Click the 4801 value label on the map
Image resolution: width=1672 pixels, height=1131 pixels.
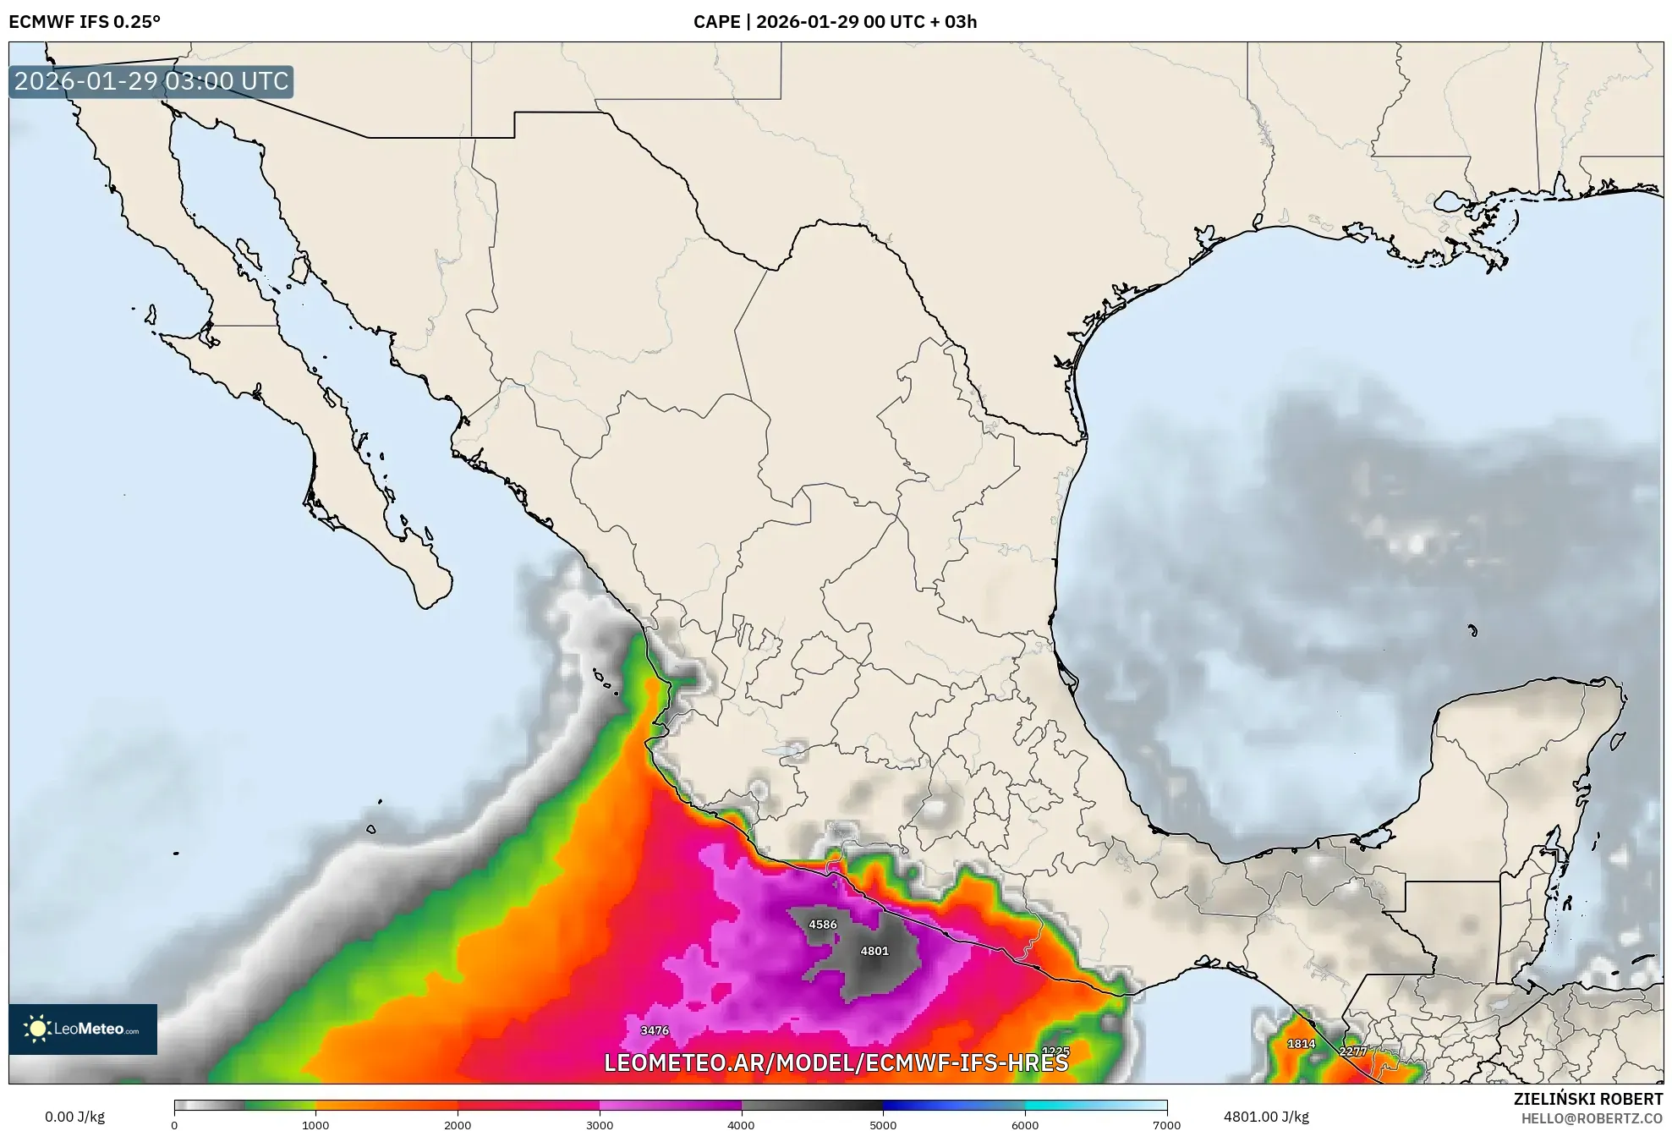click(x=874, y=951)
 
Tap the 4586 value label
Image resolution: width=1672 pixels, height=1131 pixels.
click(x=822, y=925)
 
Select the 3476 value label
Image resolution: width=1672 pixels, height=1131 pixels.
click(x=655, y=1030)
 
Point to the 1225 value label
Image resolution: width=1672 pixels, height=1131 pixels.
click(x=1055, y=1051)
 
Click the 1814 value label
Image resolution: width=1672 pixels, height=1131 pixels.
click(x=1301, y=1044)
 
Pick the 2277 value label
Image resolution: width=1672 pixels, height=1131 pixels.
click(x=1352, y=1051)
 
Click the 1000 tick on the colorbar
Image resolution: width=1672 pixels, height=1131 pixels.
click(x=315, y=1124)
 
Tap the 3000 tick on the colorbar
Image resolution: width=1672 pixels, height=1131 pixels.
click(x=600, y=1124)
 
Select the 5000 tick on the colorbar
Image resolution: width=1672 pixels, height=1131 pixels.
click(x=883, y=1124)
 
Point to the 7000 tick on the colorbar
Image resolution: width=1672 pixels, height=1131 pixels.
click(x=1166, y=1124)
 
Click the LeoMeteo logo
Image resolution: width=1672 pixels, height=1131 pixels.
click(x=83, y=1029)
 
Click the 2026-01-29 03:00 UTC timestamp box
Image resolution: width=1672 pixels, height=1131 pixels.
click(x=151, y=82)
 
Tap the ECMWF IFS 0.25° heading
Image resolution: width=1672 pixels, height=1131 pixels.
click(x=85, y=22)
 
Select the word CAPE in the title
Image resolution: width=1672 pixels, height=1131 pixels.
click(x=716, y=22)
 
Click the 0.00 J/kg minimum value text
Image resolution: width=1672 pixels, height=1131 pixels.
click(x=74, y=1117)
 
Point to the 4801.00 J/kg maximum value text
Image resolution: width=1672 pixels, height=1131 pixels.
click(x=1266, y=1117)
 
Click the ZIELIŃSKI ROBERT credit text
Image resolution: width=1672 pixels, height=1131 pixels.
click(x=1587, y=1099)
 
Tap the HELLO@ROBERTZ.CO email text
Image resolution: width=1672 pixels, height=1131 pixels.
click(x=1592, y=1118)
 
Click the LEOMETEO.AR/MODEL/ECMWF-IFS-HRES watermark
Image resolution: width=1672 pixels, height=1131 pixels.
click(x=836, y=1062)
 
